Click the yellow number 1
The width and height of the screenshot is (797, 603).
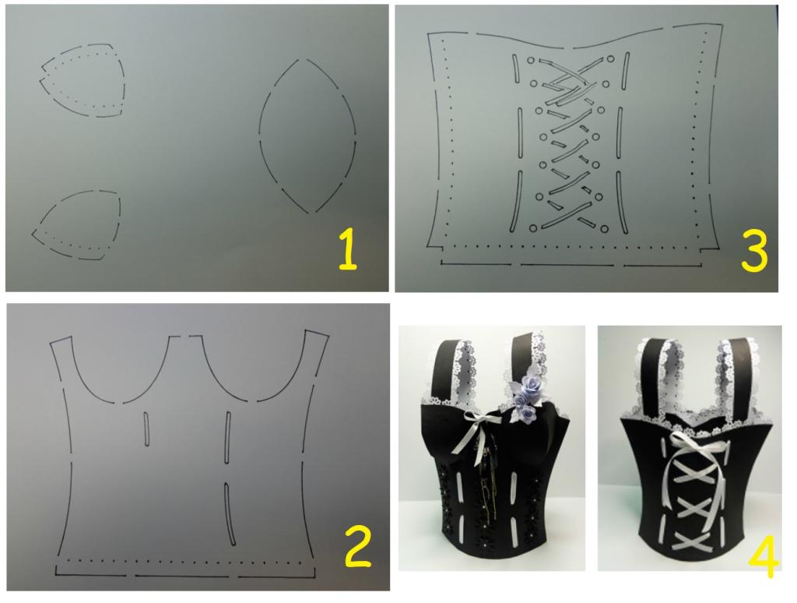pos(348,249)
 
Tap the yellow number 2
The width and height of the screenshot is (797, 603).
pos(358,546)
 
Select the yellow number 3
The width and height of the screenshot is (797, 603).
pos(753,250)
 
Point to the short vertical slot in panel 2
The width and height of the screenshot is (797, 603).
pos(147,429)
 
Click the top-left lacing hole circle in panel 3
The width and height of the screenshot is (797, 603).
pos(531,60)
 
